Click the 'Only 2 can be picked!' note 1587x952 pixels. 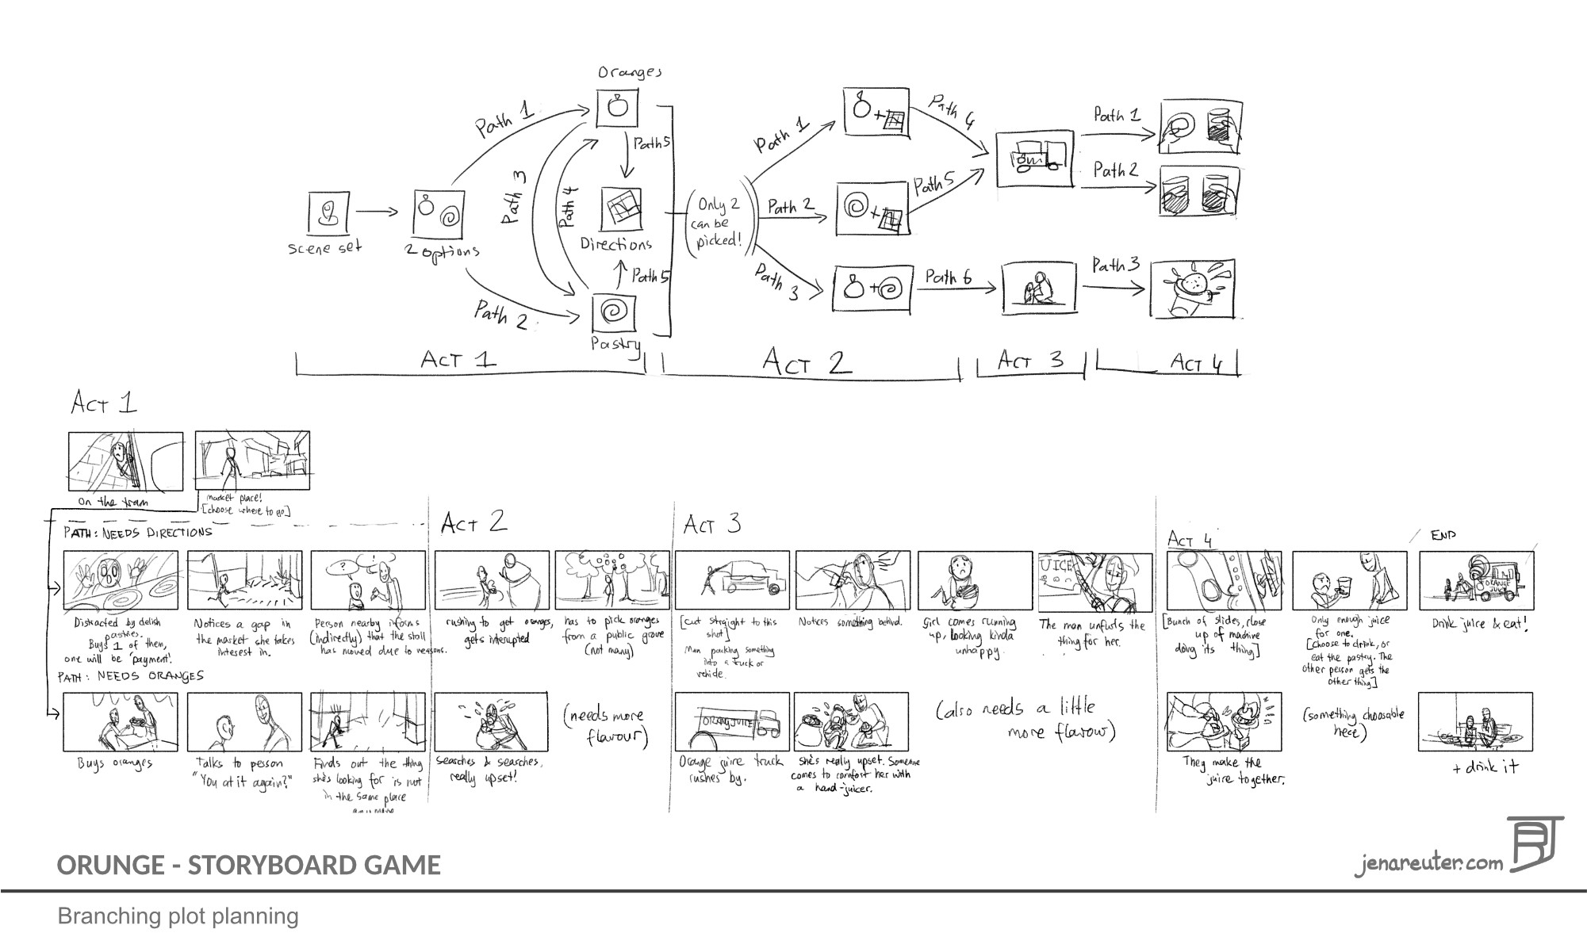tap(717, 222)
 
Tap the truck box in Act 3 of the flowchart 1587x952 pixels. tap(1035, 159)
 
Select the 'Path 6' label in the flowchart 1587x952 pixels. tap(948, 277)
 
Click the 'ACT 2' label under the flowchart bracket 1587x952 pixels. tap(806, 362)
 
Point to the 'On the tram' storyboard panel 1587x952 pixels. tap(125, 461)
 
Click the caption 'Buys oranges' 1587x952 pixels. tap(114, 763)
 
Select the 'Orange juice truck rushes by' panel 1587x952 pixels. tap(732, 721)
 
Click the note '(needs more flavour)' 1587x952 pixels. tap(608, 725)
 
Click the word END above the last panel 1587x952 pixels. tap(1443, 536)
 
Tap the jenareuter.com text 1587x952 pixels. tap(1428, 862)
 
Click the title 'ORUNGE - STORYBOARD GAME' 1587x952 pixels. tap(248, 865)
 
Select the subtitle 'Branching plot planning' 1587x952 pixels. tap(178, 916)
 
